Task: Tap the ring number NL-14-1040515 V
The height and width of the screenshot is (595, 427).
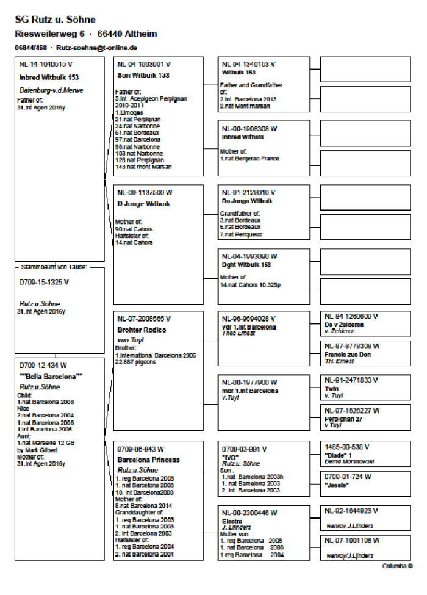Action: click(45, 63)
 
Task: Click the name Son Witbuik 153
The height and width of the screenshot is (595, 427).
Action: click(143, 75)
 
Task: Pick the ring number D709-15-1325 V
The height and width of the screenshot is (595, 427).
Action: click(44, 283)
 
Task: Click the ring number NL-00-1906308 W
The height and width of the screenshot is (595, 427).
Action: click(249, 129)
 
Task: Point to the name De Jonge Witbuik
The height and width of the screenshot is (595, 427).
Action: click(247, 200)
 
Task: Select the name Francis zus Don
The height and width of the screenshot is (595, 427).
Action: click(348, 354)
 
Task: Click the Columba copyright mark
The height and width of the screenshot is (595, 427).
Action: click(397, 566)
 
